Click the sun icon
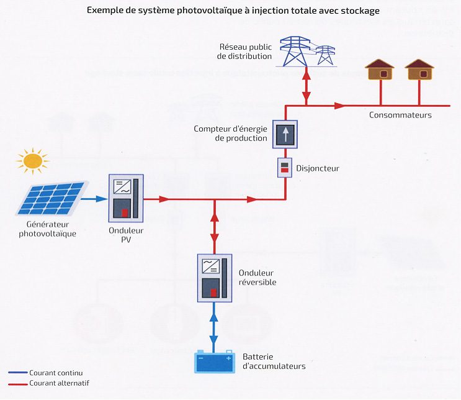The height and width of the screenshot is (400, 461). pyautogui.click(x=32, y=161)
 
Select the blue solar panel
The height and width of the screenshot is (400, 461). pyautogui.click(x=53, y=196)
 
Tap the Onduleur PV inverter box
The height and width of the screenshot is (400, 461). pyautogui.click(x=126, y=198)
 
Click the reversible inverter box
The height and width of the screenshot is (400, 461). pyautogui.click(x=214, y=278)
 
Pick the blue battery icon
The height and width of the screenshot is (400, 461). pyautogui.click(x=214, y=362)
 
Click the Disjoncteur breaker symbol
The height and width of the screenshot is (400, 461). pyautogui.click(x=284, y=168)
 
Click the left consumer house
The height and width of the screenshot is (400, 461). pyautogui.click(x=380, y=70)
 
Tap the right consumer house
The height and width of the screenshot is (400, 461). pyautogui.click(x=419, y=70)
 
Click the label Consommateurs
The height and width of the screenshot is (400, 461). pyautogui.click(x=400, y=115)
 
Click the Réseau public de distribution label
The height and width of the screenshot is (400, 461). pyautogui.click(x=244, y=52)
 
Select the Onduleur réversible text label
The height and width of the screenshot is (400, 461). pyautogui.click(x=256, y=278)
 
